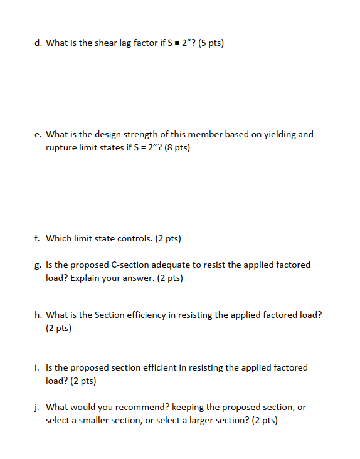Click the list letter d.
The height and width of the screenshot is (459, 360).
38,43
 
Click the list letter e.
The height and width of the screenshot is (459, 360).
38,134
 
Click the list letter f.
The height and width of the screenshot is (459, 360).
38,238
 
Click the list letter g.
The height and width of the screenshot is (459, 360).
38,265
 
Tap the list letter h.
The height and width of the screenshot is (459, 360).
38,315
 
